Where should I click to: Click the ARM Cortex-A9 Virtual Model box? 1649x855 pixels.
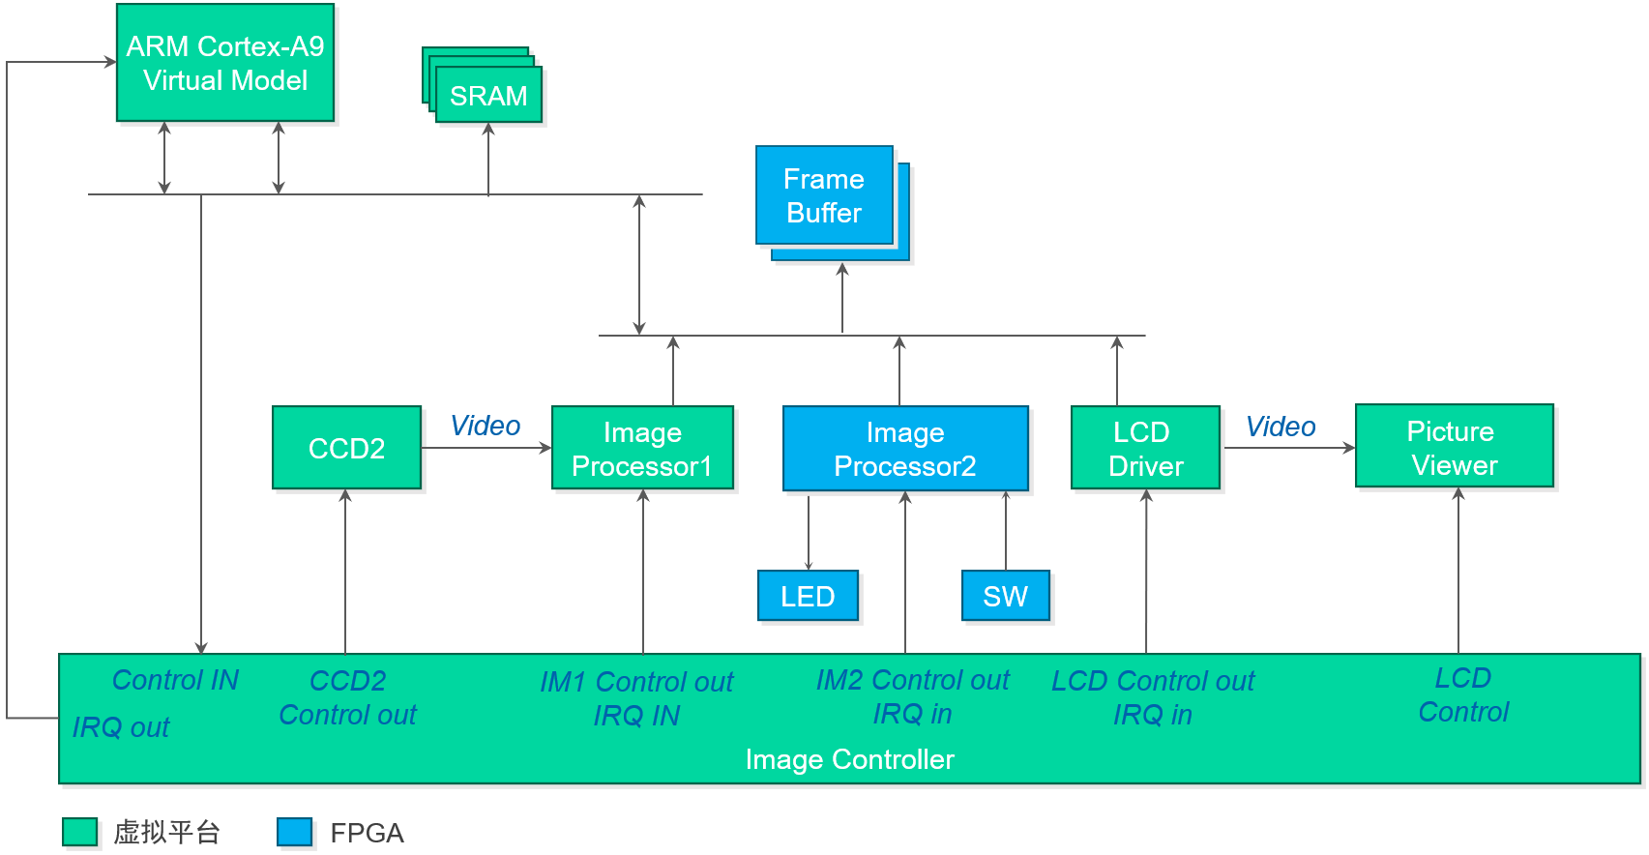point(225,63)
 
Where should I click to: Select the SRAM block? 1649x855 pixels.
point(488,96)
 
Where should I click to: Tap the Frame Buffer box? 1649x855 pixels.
point(824,195)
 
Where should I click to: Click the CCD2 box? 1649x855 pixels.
point(346,448)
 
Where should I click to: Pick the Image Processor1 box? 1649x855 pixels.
point(642,449)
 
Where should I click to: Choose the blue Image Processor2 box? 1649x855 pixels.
point(905,449)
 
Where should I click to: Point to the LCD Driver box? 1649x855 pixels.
point(1145,449)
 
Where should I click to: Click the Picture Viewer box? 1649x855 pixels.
point(1454,447)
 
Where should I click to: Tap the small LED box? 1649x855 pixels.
point(808,596)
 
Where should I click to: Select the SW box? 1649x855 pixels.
point(1005,596)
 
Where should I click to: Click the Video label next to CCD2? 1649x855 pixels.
point(485,426)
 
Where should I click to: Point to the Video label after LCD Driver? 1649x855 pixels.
point(1280,427)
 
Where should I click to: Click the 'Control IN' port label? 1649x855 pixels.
point(175,680)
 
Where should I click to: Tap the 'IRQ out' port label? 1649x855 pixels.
point(121,727)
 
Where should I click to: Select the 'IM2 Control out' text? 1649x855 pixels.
point(912,681)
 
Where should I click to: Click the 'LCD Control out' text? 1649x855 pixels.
point(1152,681)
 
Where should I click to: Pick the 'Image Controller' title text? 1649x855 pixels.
point(849,759)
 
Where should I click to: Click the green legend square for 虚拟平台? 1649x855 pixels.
point(80,832)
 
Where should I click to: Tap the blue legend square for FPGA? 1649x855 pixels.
point(294,832)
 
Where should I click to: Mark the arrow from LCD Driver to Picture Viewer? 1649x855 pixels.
point(1288,448)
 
